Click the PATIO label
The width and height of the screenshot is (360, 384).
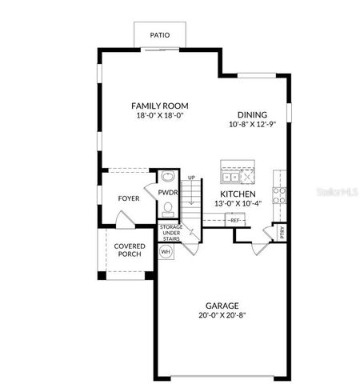tap(161, 35)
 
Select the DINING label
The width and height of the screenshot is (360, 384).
tap(251, 114)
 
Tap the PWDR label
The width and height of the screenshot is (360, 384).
tap(167, 193)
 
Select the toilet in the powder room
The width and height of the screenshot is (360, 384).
tap(167, 210)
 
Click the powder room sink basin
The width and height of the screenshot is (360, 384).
tap(167, 177)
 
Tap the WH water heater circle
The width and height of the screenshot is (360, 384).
tap(166, 251)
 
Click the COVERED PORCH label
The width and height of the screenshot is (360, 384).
tap(129, 250)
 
